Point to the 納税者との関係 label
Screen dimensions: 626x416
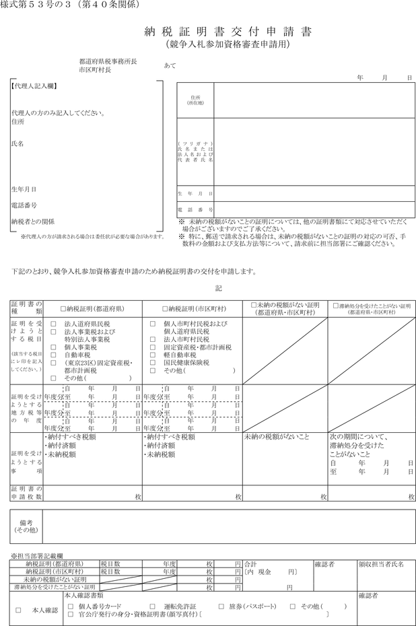33,221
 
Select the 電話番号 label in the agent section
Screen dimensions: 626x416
24,205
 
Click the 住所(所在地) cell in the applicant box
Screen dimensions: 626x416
195,100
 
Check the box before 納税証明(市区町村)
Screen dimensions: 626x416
165,309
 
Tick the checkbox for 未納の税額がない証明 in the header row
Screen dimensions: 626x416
253,305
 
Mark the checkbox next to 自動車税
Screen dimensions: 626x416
53,354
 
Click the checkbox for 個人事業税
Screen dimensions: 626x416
53,347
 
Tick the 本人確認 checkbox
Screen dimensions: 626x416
18,611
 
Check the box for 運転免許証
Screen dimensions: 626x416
152,606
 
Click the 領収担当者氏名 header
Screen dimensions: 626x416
382,563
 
